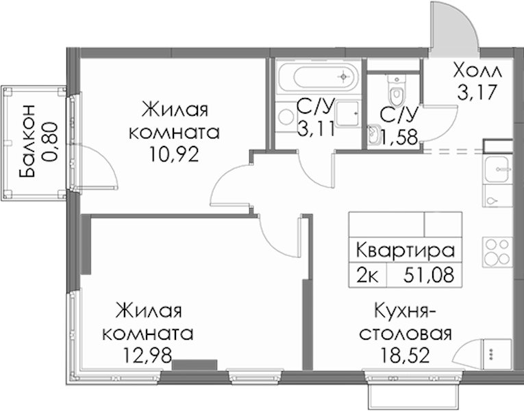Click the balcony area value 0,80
coord(51,142)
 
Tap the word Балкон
coord(27,141)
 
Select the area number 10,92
coord(174,154)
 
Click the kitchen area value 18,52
coord(405,356)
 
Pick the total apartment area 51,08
coord(429,275)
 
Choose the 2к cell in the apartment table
coord(367,275)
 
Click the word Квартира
coord(406,251)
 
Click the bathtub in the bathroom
coord(318,77)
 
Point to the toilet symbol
coord(397,90)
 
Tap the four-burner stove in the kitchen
coord(497,252)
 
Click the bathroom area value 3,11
coord(316,129)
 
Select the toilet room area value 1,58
coord(399,137)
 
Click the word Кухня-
coord(405,312)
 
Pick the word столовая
coord(406,334)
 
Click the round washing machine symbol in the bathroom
coord(287,116)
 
